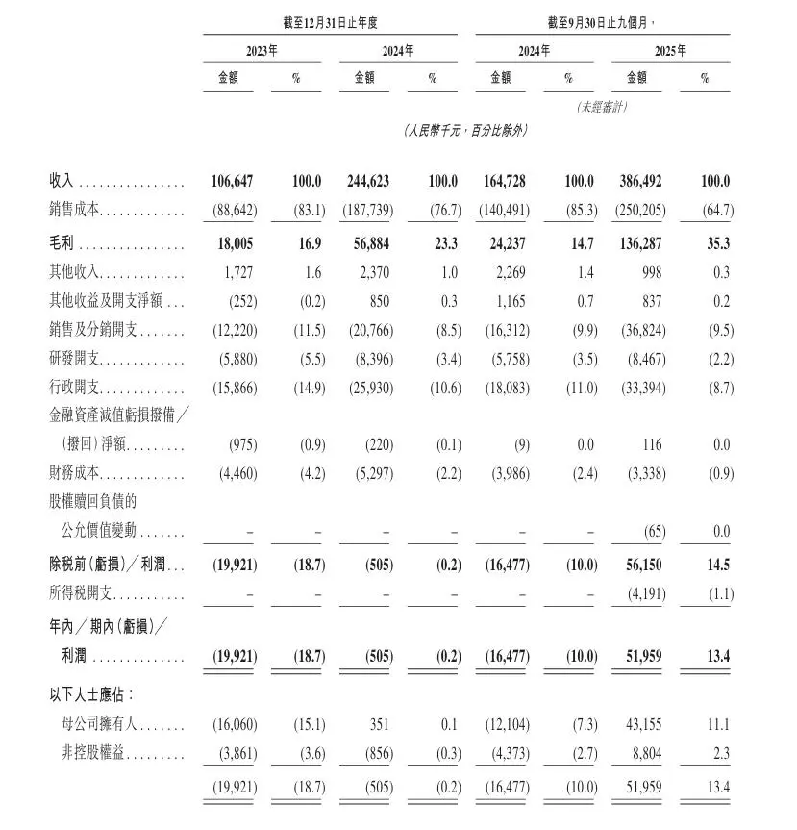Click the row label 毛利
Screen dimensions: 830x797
coord(63,244)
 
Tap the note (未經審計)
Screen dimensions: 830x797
coord(602,108)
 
